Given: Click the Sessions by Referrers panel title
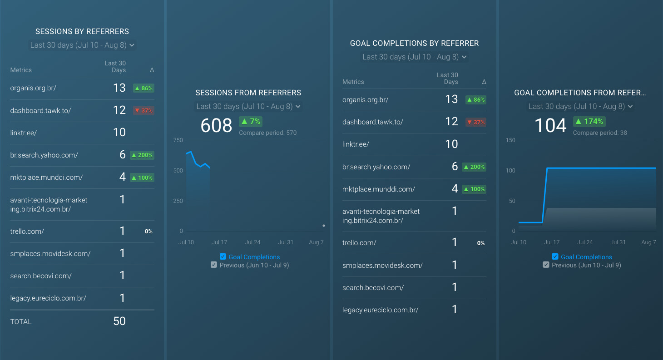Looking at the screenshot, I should [82, 31].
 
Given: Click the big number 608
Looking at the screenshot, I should [216, 125].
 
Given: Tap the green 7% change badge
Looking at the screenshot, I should [251, 121].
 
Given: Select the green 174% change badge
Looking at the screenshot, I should [589, 121].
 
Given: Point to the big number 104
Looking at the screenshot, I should [550, 125].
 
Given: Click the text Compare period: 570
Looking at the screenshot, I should [267, 133].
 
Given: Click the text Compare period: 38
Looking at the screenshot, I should [600, 133].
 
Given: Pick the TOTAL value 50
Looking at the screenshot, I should [119, 321].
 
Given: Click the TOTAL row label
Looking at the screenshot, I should [21, 321].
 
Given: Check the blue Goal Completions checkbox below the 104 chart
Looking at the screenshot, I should [555, 256].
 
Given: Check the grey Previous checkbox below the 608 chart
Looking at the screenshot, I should [214, 265].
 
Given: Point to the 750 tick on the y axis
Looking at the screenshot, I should [178, 140].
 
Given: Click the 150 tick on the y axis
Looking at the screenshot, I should [510, 140].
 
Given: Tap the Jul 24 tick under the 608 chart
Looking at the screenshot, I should [252, 242].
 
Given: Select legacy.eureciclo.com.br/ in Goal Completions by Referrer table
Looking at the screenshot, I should [380, 310].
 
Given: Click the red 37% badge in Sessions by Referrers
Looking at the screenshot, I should [143, 110].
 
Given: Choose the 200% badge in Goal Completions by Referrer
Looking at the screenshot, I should [474, 167].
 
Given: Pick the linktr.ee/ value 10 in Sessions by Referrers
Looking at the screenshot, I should [119, 133].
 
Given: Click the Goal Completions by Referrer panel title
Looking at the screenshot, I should [414, 43].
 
